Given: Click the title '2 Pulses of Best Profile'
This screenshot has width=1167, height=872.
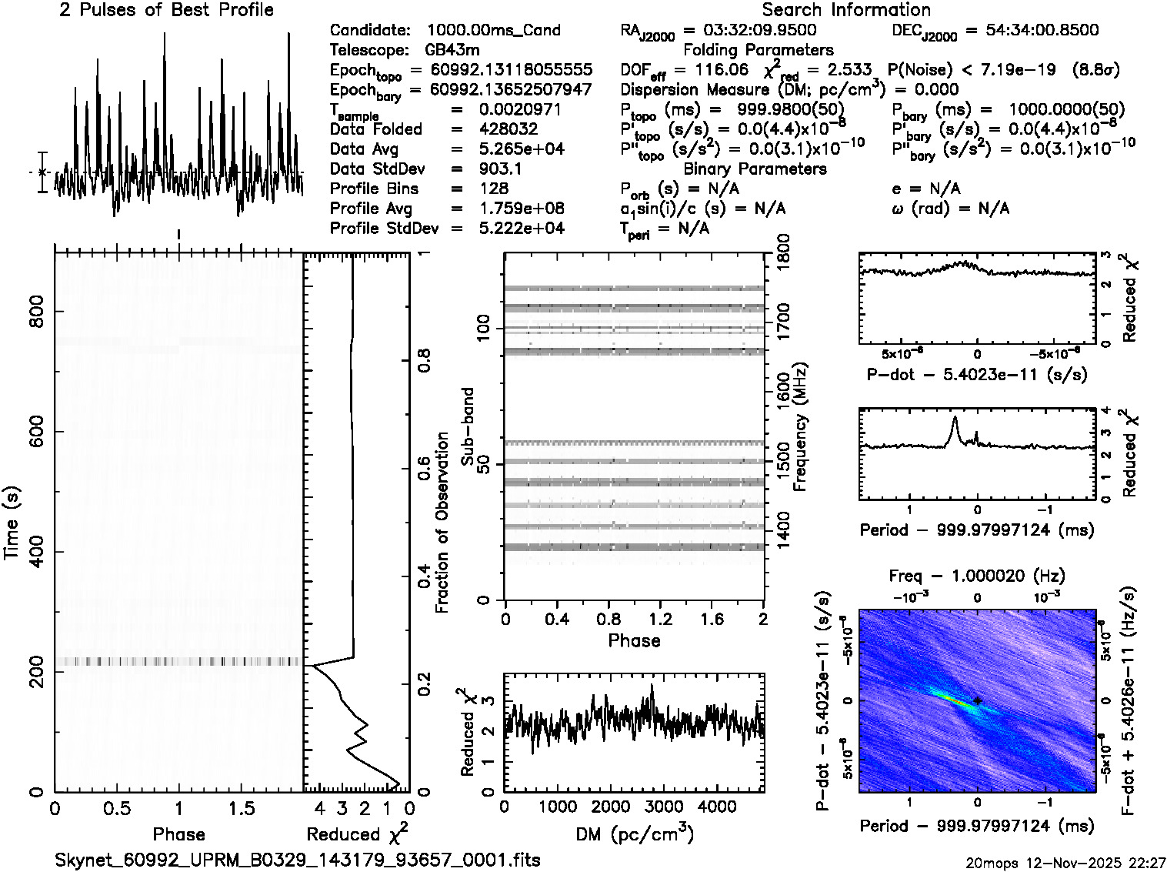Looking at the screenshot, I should click(x=166, y=10).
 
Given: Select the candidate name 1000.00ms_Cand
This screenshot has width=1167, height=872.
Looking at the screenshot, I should click(x=493, y=30).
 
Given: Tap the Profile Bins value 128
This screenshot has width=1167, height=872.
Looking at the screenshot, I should click(x=493, y=189).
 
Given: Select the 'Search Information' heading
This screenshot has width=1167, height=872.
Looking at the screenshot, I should click(x=845, y=10).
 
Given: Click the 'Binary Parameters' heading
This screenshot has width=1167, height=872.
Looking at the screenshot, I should click(x=755, y=169).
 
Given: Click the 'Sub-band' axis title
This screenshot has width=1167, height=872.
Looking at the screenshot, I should click(x=467, y=426).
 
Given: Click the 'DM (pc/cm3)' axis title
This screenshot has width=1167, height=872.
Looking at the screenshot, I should click(x=634, y=834).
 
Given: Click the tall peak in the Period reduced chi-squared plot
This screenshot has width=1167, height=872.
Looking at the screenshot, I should click(x=955, y=419).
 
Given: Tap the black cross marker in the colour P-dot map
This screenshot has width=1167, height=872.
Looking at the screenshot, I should click(x=977, y=700).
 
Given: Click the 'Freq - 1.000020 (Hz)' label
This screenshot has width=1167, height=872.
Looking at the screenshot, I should click(x=976, y=576).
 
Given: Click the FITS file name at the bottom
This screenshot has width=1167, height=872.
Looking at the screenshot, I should click(x=298, y=860).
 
